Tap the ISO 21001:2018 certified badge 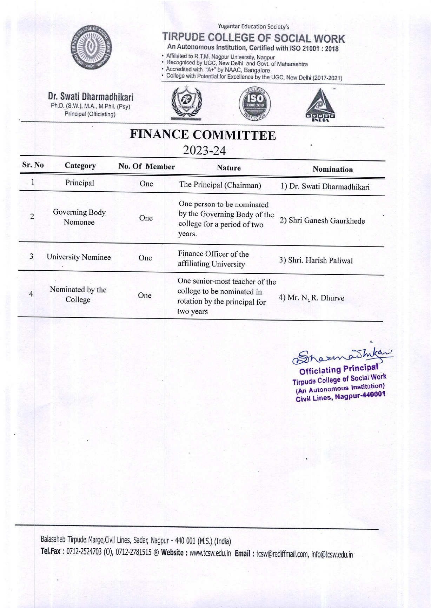click(255, 104)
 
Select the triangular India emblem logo click(320, 105)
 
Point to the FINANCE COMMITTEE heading click(203, 135)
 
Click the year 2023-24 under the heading click(204, 151)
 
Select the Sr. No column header click(33, 165)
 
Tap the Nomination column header click(332, 169)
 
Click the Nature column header click(228, 168)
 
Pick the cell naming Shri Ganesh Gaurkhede click(322, 221)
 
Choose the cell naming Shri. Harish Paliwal click(316, 260)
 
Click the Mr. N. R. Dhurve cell click(311, 298)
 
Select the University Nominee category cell click(79, 257)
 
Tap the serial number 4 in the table click(31, 294)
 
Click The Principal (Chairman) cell click(220, 185)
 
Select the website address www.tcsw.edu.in click(210, 554)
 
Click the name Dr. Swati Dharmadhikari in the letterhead click(91, 97)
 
